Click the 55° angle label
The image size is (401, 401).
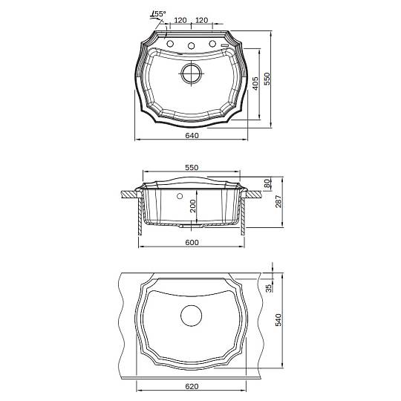point(159,14)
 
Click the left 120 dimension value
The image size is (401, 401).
point(180,20)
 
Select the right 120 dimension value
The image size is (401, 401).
point(202,20)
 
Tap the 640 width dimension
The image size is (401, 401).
point(192,135)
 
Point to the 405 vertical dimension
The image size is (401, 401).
point(255,84)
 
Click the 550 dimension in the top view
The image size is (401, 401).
point(267,79)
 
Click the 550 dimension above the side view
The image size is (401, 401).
point(192,168)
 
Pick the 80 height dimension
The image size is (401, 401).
point(267,183)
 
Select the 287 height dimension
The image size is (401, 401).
point(278,201)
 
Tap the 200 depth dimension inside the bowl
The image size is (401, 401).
point(193,206)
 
